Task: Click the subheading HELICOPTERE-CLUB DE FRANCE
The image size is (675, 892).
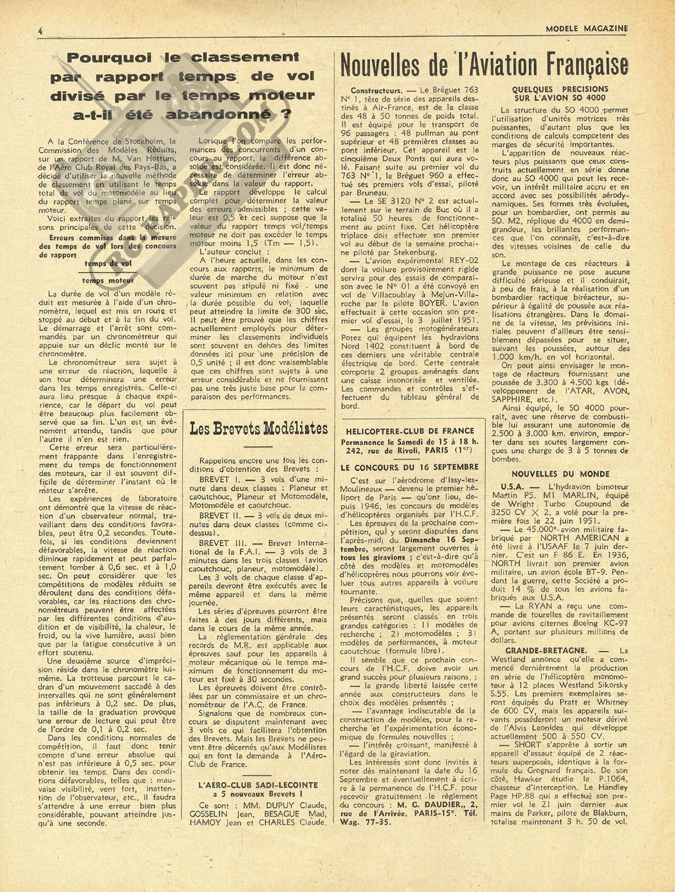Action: (x=410, y=431)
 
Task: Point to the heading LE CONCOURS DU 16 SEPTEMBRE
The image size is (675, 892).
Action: (x=410, y=467)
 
